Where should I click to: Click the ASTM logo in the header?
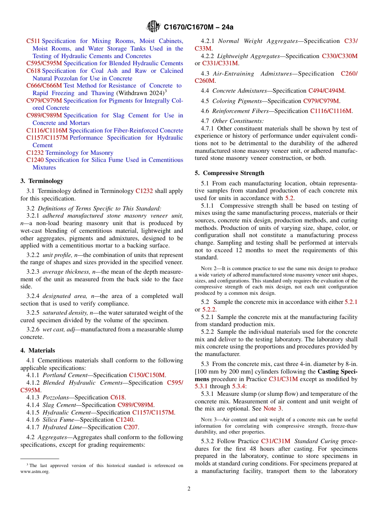pos(154,27)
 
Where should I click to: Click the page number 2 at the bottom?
pos(189,488)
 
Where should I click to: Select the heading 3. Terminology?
pos(42,181)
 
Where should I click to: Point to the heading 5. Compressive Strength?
pos(229,173)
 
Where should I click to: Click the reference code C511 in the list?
pos(33,41)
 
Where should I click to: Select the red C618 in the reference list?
pos(33,71)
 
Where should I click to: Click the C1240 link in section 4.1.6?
pos(125,420)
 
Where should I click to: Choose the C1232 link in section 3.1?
pos(144,191)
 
